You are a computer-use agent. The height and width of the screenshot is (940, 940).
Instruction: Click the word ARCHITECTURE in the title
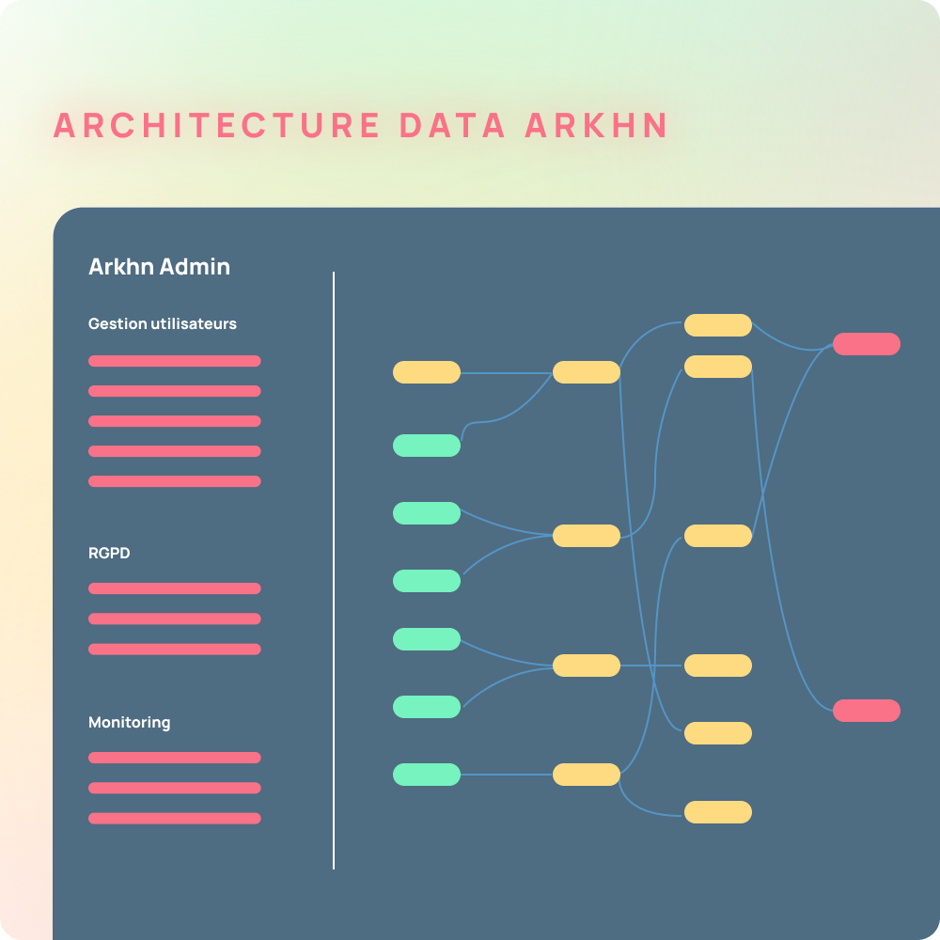(216, 125)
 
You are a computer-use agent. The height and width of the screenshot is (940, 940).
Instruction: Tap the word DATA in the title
(453, 125)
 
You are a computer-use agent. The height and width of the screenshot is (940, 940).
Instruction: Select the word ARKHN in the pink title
(597, 125)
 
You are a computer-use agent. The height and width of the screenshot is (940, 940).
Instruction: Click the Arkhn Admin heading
(160, 267)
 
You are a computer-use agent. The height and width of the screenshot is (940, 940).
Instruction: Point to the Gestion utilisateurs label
(163, 323)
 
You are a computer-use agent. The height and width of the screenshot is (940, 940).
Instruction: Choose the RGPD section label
(109, 553)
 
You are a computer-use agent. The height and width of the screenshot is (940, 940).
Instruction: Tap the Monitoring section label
(130, 722)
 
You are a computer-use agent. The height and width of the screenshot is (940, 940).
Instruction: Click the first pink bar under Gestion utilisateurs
(175, 361)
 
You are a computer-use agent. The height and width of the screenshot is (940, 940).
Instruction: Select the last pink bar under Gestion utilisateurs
(175, 481)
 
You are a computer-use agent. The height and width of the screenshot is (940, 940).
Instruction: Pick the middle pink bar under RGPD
(175, 619)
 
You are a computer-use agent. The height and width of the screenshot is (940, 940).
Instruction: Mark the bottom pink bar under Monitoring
(175, 819)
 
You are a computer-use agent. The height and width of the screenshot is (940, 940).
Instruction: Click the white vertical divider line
(334, 571)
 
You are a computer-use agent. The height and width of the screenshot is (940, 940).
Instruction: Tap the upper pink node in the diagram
(867, 344)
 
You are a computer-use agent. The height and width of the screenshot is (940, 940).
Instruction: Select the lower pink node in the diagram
(867, 711)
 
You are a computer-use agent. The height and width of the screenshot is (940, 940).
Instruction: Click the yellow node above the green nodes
(426, 372)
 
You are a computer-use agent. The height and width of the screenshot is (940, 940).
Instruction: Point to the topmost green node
(426, 446)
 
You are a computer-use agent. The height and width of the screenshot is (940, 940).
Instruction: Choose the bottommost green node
(426, 775)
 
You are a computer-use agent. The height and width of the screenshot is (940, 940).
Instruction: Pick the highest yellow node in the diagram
(717, 325)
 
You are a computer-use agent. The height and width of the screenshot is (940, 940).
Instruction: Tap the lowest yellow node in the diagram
(717, 812)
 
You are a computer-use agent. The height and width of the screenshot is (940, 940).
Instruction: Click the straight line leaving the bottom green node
(507, 775)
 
